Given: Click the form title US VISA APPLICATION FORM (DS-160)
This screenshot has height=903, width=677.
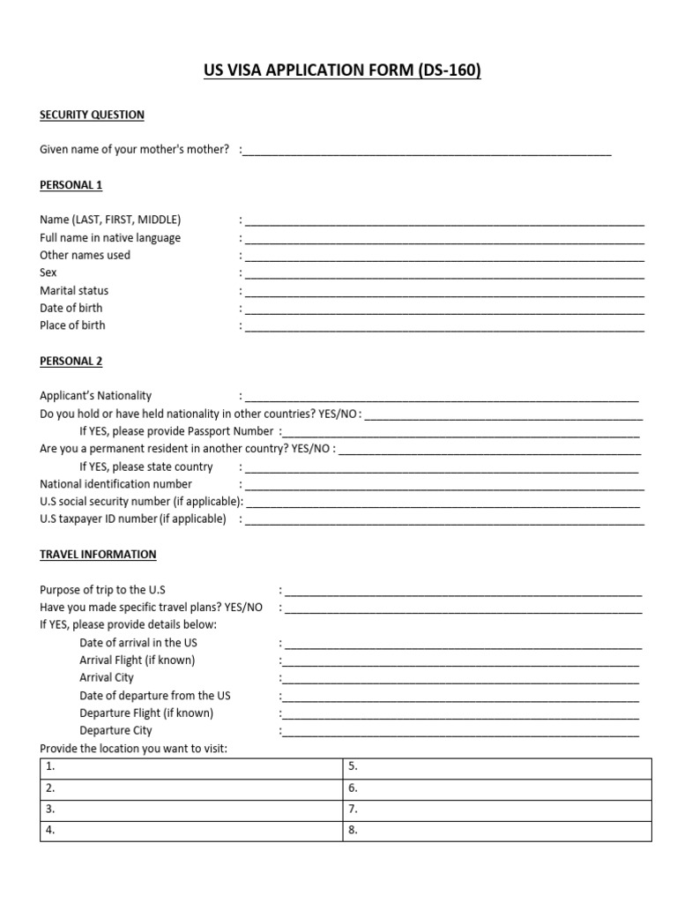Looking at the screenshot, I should [x=343, y=71].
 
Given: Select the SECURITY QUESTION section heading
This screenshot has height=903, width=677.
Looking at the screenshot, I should [x=92, y=115].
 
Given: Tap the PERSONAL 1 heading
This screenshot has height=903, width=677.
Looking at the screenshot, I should [x=71, y=185].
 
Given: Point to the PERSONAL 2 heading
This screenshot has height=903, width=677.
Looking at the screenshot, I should [x=71, y=362].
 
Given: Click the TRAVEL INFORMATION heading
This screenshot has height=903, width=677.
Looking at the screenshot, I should [x=98, y=555].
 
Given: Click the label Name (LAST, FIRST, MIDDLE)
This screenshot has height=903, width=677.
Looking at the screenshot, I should [x=110, y=220].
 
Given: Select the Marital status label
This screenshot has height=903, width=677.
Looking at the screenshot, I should [x=74, y=291].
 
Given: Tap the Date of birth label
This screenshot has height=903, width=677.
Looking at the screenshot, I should [x=71, y=309].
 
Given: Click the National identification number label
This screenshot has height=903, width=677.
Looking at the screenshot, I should [x=115, y=484].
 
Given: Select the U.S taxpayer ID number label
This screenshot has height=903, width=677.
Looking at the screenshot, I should [x=132, y=519].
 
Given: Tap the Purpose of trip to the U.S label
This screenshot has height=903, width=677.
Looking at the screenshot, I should [x=102, y=590].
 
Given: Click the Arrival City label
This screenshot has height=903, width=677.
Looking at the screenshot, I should [x=107, y=678].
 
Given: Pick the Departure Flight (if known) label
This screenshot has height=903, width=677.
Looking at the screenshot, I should [x=146, y=713].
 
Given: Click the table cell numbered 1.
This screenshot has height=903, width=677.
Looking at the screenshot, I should [x=191, y=767].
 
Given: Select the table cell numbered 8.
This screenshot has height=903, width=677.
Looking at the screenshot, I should [x=496, y=831].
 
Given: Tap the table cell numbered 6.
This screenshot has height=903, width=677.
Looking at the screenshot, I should [x=496, y=788].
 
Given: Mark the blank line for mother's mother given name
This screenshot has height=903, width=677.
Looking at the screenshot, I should [x=427, y=152].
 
